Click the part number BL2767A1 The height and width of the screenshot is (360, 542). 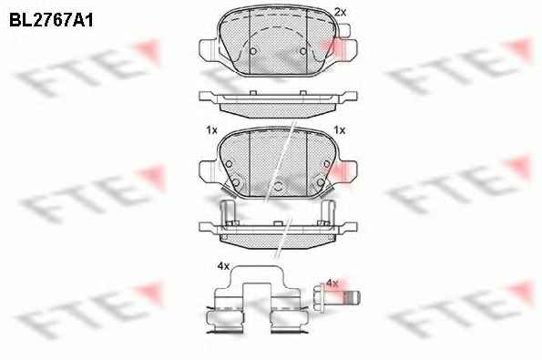(51, 21)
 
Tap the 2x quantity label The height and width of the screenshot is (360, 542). (340, 13)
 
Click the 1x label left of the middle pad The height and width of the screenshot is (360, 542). (211, 130)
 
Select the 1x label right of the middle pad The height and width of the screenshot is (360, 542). (340, 130)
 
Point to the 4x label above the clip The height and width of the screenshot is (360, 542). (224, 266)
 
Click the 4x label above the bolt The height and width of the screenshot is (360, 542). (332, 283)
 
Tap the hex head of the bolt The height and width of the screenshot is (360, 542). (319, 298)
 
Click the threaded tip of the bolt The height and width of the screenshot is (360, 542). (353, 298)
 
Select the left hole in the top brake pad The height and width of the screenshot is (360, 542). (253, 51)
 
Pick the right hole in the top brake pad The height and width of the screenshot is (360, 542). (303, 51)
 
